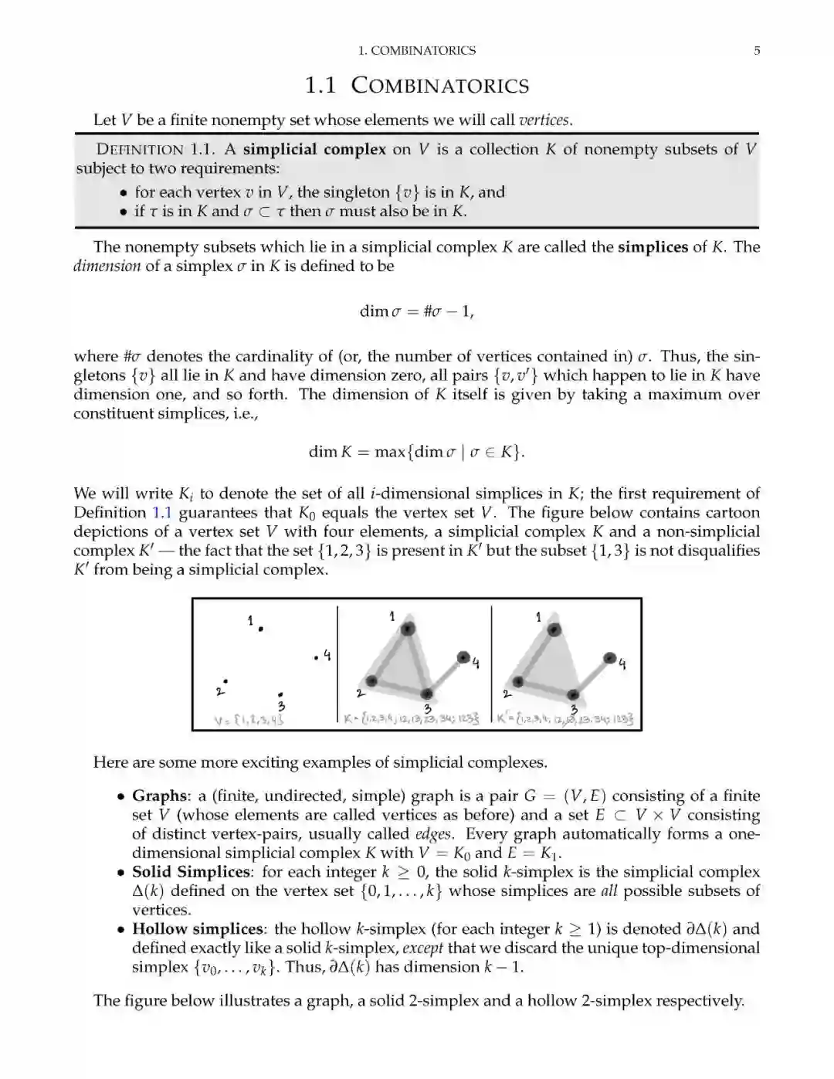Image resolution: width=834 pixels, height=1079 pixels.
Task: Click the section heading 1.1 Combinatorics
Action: pyautogui.click(x=417, y=85)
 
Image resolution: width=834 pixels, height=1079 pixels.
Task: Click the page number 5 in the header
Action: pyautogui.click(x=757, y=51)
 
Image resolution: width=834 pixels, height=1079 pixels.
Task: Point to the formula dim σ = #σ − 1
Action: pyautogui.click(x=417, y=311)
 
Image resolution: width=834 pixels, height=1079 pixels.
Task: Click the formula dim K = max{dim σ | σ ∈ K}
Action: pyautogui.click(x=417, y=452)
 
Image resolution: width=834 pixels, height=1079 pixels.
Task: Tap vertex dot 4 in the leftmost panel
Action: pyautogui.click(x=317, y=658)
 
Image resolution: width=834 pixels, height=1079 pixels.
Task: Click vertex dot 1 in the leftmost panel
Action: pyautogui.click(x=261, y=629)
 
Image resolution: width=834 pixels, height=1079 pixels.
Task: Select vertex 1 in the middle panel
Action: pyautogui.click(x=407, y=629)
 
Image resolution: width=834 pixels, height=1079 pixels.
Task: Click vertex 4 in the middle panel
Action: pyautogui.click(x=463, y=657)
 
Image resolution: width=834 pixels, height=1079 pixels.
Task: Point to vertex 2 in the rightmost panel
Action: pyautogui.click(x=518, y=681)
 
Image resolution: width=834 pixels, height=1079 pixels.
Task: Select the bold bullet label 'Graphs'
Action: pyautogui.click(x=160, y=796)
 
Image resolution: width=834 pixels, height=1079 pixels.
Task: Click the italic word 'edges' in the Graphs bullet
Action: pyautogui.click(x=433, y=834)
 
